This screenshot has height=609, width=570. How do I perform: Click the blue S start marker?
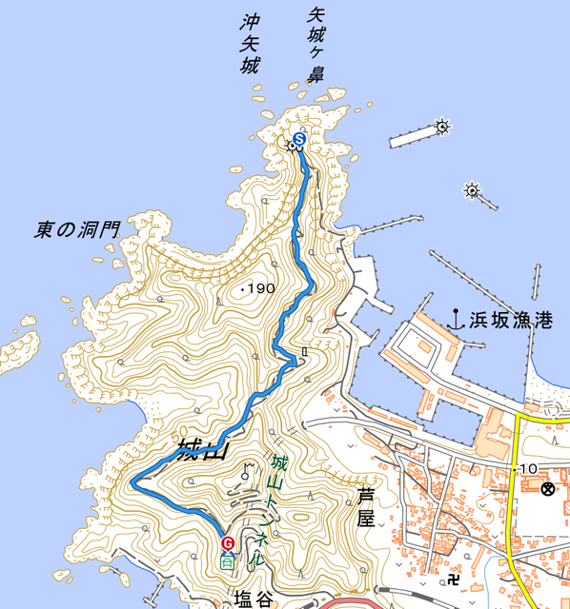click(x=299, y=141)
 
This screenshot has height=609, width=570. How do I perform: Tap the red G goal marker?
click(x=227, y=543)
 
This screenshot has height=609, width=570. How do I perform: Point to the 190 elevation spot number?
click(x=264, y=287)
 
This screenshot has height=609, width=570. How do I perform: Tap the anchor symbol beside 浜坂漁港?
click(x=457, y=320)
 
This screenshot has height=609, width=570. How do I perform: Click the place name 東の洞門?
click(x=78, y=229)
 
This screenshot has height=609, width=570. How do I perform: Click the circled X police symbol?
click(x=548, y=489)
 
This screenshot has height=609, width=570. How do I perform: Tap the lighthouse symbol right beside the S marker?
click(x=292, y=147)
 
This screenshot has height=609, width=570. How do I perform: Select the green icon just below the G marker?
click(x=227, y=562)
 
